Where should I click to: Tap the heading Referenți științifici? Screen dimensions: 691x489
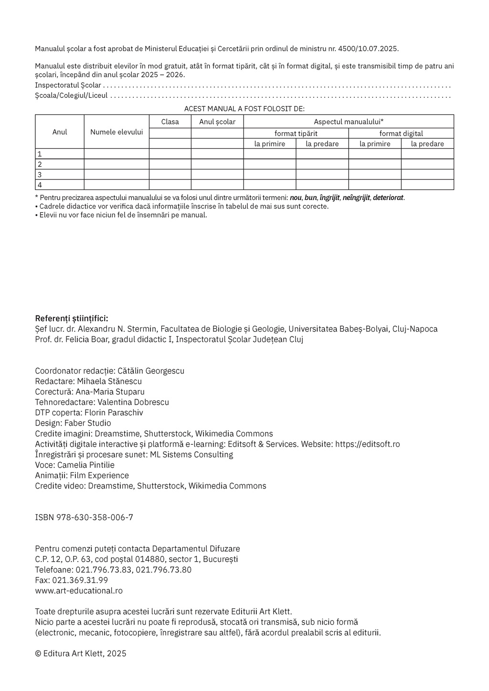(72, 318)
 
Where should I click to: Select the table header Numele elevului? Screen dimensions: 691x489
(117, 132)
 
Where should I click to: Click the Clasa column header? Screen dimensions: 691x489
(170, 122)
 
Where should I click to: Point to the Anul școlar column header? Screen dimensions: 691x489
(217, 122)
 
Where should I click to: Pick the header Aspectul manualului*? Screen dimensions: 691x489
(349, 122)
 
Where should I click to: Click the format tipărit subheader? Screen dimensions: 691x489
(296, 134)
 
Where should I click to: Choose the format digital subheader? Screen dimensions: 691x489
(401, 134)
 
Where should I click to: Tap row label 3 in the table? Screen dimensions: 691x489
(40, 175)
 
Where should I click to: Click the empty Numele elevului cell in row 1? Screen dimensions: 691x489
(117, 154)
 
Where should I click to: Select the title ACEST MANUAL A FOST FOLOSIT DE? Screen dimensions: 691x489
(244, 109)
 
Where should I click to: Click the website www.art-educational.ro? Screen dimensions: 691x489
(79, 591)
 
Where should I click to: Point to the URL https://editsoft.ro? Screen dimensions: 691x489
(367, 444)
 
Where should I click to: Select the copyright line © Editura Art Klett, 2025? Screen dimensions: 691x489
(81, 654)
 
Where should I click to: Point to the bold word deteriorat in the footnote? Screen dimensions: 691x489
(388, 198)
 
